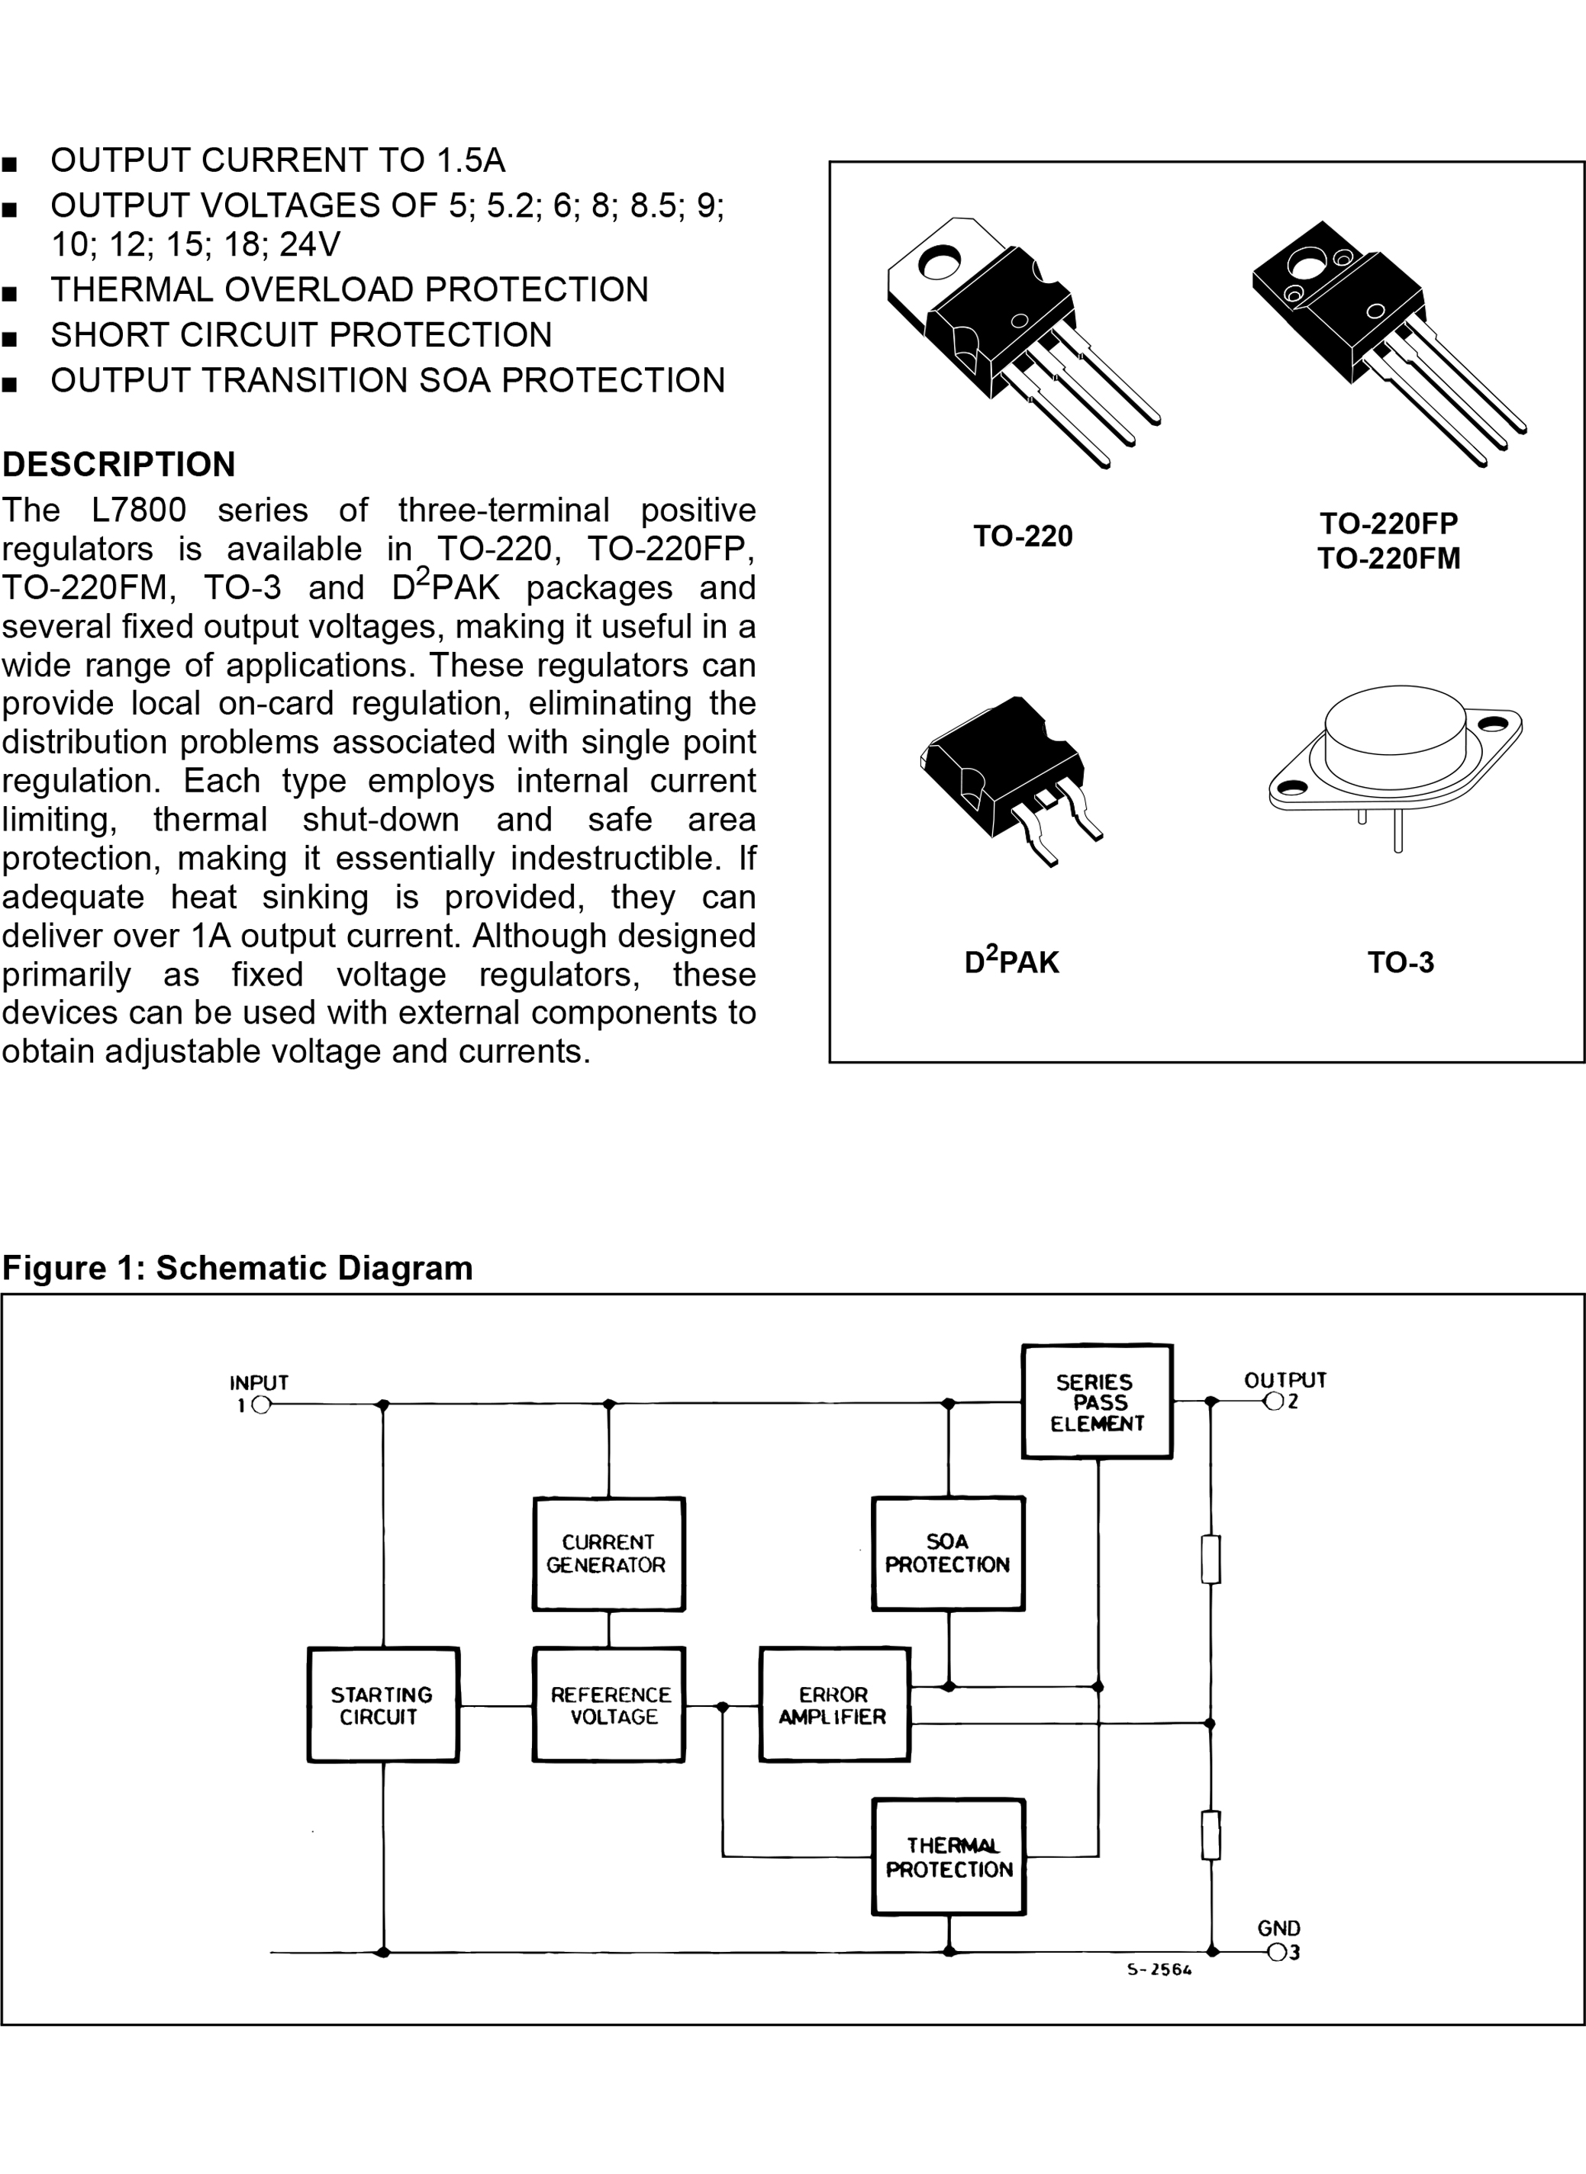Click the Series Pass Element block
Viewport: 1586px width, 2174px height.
pyautogui.click(x=1096, y=1402)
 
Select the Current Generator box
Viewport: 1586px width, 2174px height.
pyautogui.click(x=608, y=1553)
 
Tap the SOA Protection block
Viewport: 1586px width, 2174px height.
pyautogui.click(x=948, y=1553)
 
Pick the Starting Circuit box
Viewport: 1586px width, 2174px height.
pyautogui.click(x=382, y=1705)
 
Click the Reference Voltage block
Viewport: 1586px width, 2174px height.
pyautogui.click(x=608, y=1705)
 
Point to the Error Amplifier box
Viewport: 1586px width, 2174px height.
pyautogui.click(x=833, y=1705)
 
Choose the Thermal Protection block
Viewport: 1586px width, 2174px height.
pyautogui.click(x=949, y=1857)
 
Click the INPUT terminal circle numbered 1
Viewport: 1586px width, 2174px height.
pyautogui.click(x=261, y=1405)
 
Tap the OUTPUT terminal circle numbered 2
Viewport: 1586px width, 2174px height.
pyautogui.click(x=1274, y=1402)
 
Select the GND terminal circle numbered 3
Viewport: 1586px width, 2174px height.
pyautogui.click(x=1277, y=1952)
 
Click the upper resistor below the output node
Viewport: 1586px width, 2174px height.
pyautogui.click(x=1210, y=1559)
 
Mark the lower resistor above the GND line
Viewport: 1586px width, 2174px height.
pyautogui.click(x=1210, y=1835)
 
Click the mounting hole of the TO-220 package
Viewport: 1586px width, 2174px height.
pyautogui.click(x=939, y=260)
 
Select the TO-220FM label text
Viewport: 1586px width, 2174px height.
pyautogui.click(x=1388, y=559)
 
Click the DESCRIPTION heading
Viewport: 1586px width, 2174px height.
pyautogui.click(x=118, y=465)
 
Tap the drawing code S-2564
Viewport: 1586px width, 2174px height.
pyautogui.click(x=1159, y=1969)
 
